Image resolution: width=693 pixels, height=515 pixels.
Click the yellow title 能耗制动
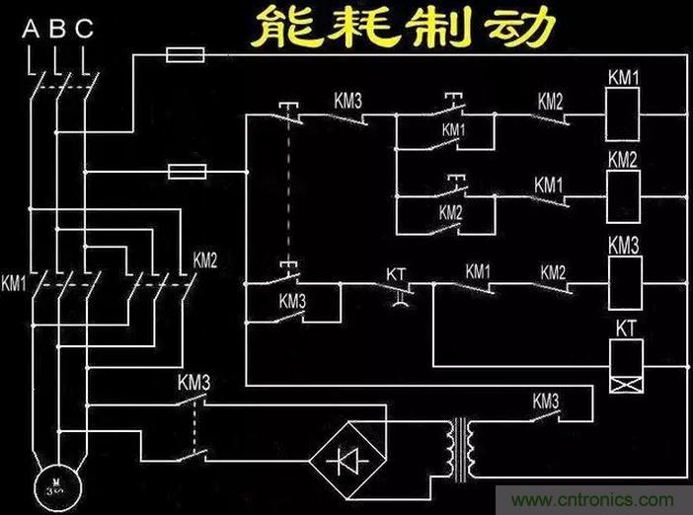click(x=399, y=28)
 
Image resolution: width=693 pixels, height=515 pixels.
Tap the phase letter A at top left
click(x=30, y=29)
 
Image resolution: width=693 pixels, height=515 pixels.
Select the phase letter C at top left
click(x=85, y=29)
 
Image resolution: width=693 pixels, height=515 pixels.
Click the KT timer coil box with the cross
click(x=628, y=364)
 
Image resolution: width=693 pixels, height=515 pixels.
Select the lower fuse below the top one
click(x=187, y=173)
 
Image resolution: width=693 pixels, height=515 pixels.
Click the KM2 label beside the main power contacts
click(x=204, y=261)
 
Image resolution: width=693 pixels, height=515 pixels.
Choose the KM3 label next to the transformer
click(x=546, y=401)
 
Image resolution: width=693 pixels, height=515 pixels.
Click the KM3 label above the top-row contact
click(x=347, y=100)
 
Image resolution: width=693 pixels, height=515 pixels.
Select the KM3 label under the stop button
click(x=293, y=301)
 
